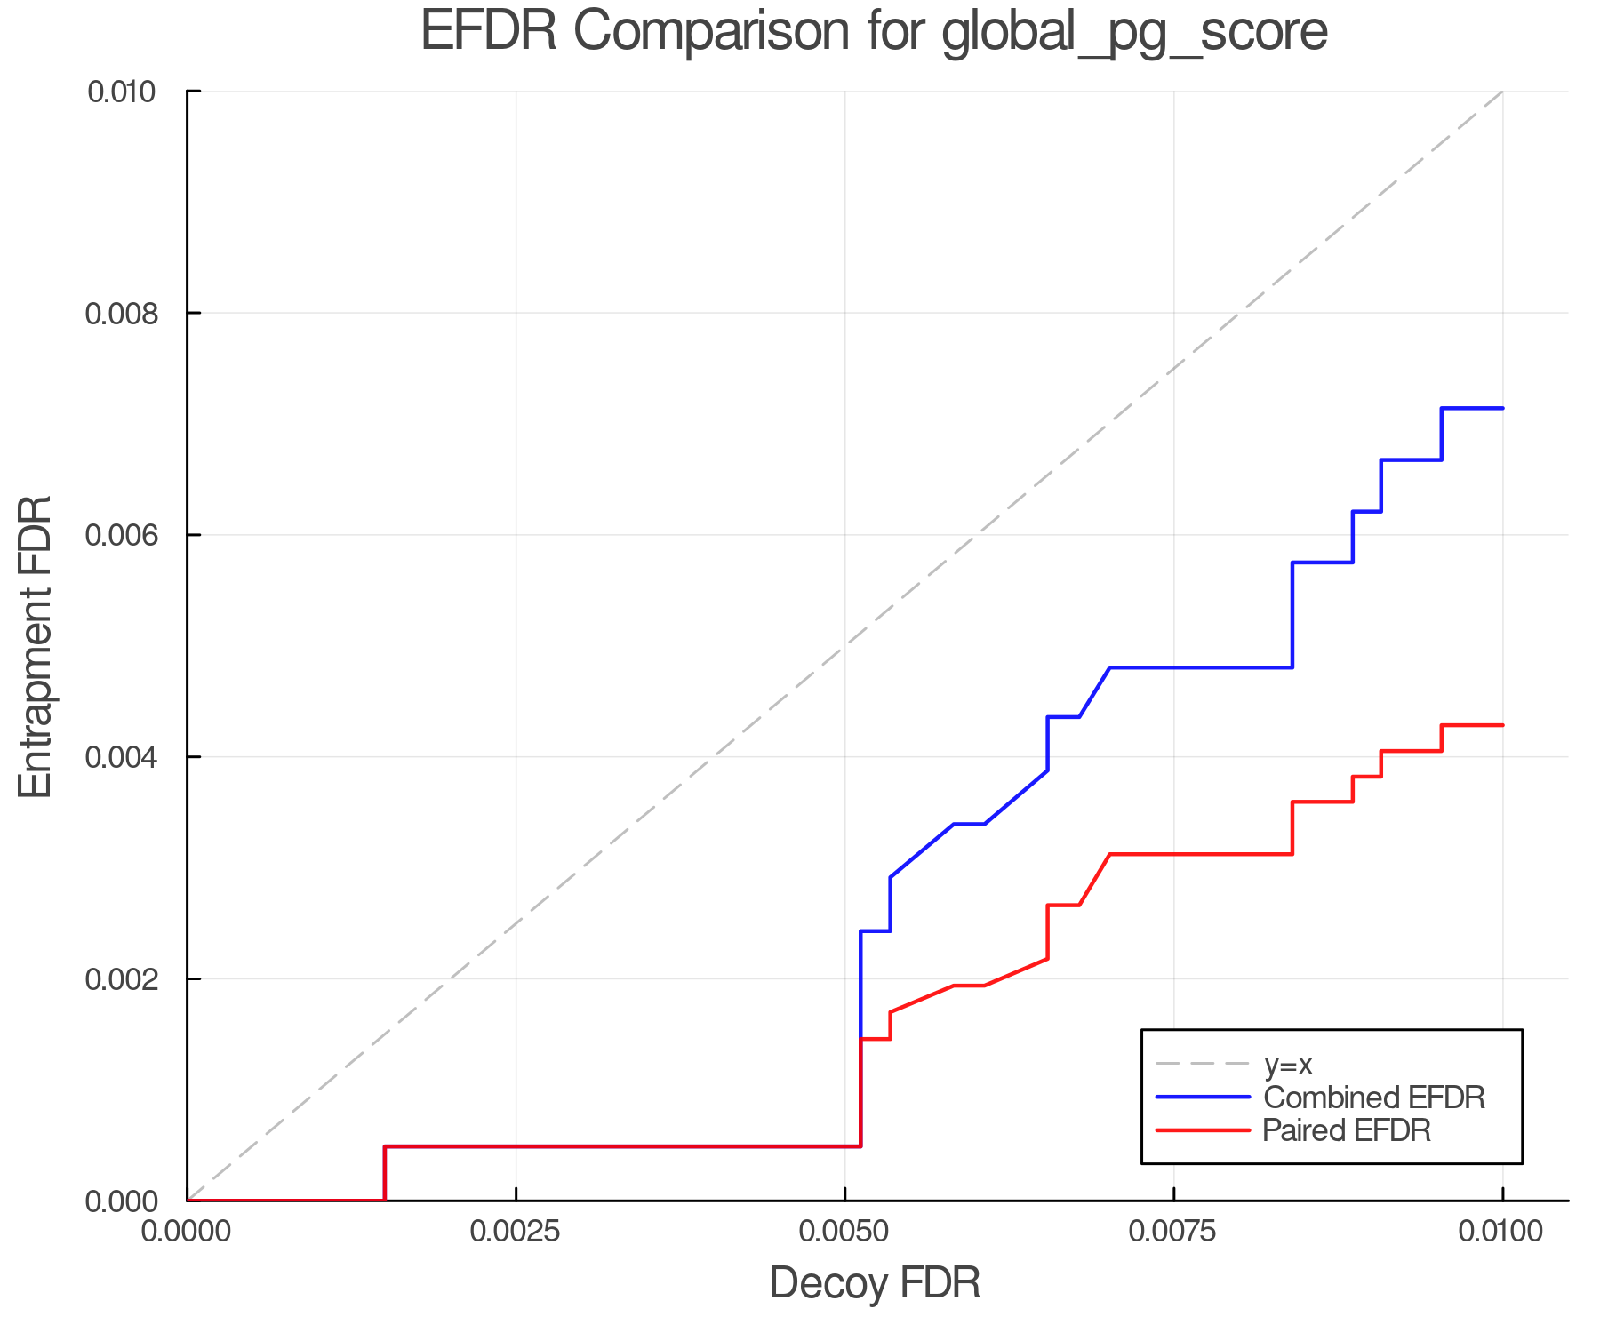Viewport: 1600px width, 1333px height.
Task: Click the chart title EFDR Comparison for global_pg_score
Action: click(x=874, y=32)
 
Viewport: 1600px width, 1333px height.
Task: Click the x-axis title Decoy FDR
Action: click(x=875, y=1282)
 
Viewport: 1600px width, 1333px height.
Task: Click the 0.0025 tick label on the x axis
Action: click(x=516, y=1232)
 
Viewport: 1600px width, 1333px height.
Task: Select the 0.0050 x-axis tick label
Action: click(x=844, y=1232)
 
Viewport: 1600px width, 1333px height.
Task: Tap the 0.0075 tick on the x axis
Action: click(x=1173, y=1232)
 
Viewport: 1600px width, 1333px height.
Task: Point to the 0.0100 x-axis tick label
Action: click(x=1502, y=1232)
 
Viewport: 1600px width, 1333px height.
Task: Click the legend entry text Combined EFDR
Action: click(x=1373, y=1098)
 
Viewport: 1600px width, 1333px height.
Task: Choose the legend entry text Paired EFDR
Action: click(x=1347, y=1130)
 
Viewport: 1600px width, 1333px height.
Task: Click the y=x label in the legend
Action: click(x=1288, y=1064)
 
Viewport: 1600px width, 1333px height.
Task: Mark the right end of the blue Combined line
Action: click(x=1502, y=408)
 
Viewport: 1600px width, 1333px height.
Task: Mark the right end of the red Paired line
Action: click(x=1502, y=725)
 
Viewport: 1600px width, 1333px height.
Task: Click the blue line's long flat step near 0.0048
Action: click(x=1200, y=667)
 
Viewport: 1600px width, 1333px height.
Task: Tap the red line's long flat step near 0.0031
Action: click(x=1200, y=854)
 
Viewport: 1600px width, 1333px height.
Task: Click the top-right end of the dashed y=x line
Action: click(x=1501, y=92)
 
